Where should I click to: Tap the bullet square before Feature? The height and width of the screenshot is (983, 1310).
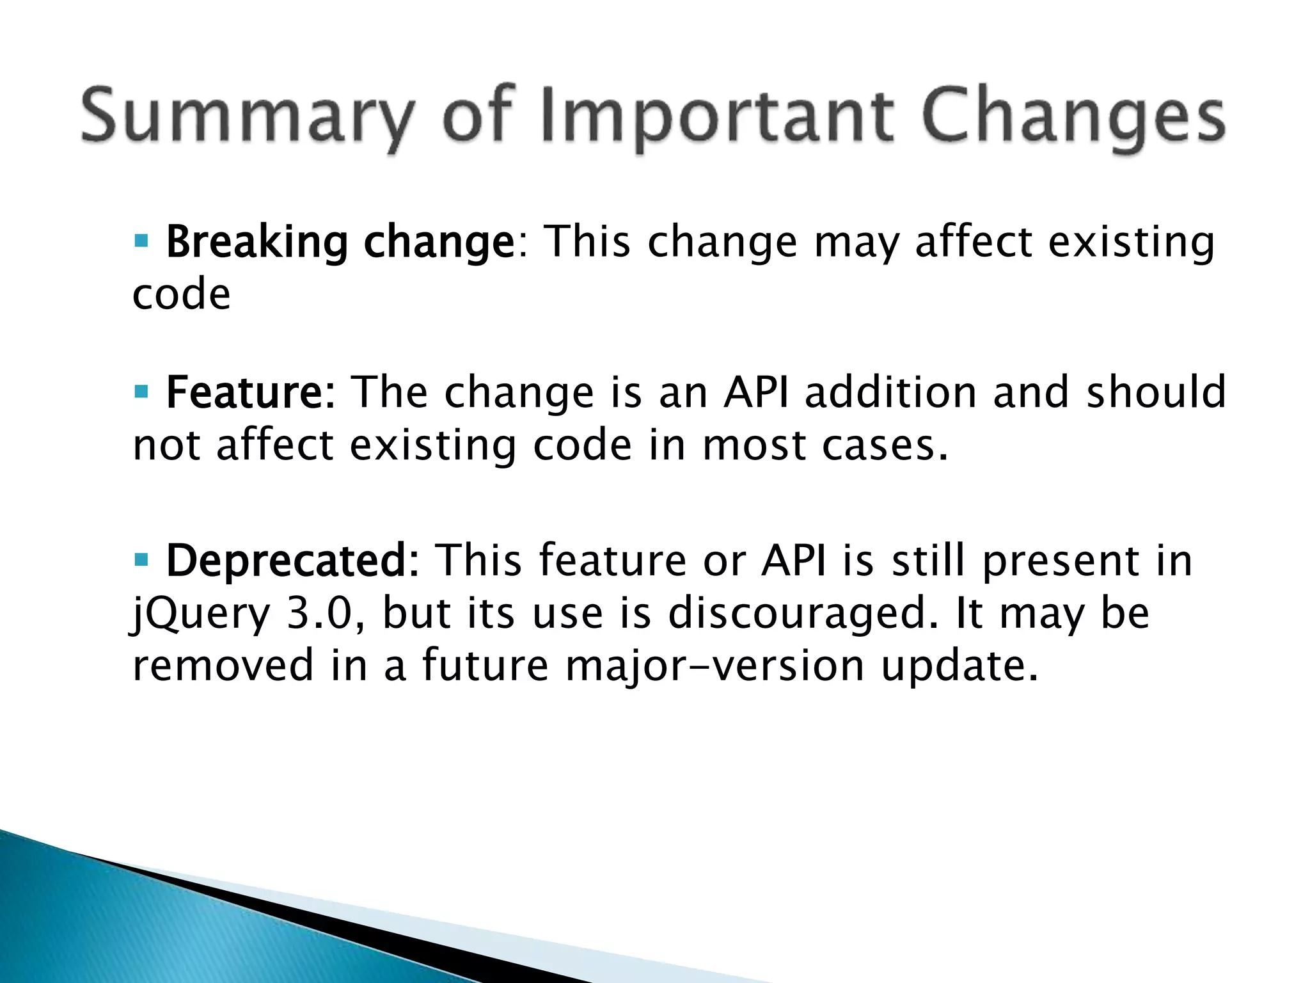pos(141,390)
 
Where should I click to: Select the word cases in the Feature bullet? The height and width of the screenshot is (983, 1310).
pos(883,445)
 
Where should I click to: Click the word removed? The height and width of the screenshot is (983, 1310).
pos(223,666)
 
